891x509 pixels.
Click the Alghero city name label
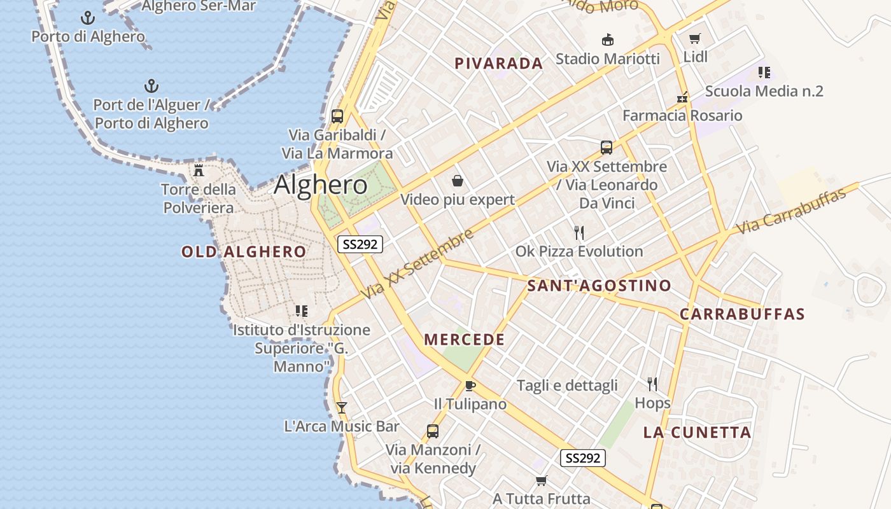(x=321, y=185)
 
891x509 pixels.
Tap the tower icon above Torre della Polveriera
(x=199, y=171)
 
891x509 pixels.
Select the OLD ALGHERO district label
(x=244, y=252)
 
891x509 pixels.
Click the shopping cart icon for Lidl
(x=695, y=38)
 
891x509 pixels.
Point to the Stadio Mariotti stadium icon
(x=608, y=39)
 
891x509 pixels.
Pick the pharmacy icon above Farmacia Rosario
(x=682, y=98)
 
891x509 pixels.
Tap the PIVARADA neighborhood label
(x=499, y=64)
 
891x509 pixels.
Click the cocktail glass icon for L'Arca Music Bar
(x=342, y=407)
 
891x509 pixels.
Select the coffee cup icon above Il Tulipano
(x=470, y=386)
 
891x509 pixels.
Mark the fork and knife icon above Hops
(x=652, y=384)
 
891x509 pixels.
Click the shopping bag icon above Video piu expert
(x=457, y=181)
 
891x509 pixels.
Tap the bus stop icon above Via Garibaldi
(x=337, y=116)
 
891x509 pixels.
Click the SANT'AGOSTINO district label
(x=599, y=286)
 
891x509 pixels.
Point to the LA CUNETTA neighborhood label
(x=697, y=433)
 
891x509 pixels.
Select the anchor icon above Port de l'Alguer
(x=151, y=86)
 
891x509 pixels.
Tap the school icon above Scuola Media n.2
(x=764, y=73)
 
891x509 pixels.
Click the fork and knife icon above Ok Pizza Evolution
(x=579, y=232)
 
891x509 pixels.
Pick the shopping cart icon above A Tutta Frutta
(x=541, y=480)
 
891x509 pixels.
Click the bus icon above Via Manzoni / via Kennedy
(x=433, y=431)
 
